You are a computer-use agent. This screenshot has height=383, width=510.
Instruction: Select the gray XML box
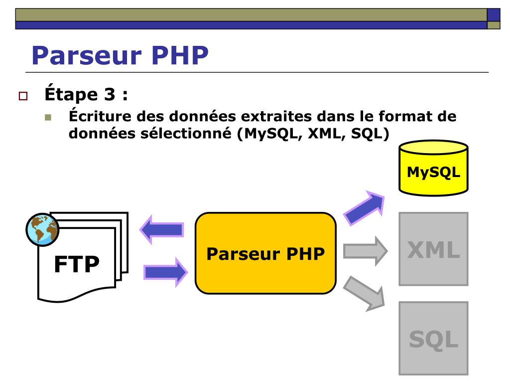click(x=433, y=249)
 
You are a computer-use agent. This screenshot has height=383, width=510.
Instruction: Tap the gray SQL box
click(x=433, y=338)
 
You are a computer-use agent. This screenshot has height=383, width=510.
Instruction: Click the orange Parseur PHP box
click(x=265, y=253)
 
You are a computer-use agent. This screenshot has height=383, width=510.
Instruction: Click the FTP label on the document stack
click(x=76, y=264)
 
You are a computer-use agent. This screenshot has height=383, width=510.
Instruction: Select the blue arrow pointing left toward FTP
click(x=161, y=230)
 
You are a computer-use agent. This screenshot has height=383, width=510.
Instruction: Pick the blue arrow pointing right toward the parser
click(x=165, y=272)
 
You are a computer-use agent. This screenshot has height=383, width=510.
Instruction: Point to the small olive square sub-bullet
click(x=48, y=118)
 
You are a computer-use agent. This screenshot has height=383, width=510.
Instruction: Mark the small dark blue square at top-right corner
click(x=493, y=14)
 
